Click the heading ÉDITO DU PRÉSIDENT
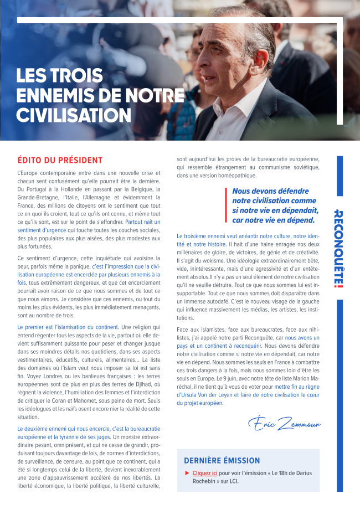[60, 160]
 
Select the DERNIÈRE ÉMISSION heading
[222, 460]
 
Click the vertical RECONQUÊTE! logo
[339, 249]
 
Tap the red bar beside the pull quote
[226, 205]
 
